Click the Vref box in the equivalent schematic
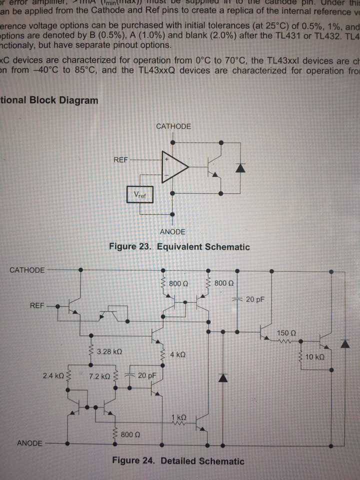coord(140,195)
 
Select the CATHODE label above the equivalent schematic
coord(173,126)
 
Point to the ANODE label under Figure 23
coord(172,231)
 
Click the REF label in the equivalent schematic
coord(121,160)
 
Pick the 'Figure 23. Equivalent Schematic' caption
coord(179,247)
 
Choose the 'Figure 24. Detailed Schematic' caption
coord(178,461)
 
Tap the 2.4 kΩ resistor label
coord(52,374)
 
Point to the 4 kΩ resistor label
coord(178,354)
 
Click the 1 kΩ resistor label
coord(178,417)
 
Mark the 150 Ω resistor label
coord(286,332)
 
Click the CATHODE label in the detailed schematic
coord(27,270)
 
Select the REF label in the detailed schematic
coord(36,305)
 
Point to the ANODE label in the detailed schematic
coord(29,443)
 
